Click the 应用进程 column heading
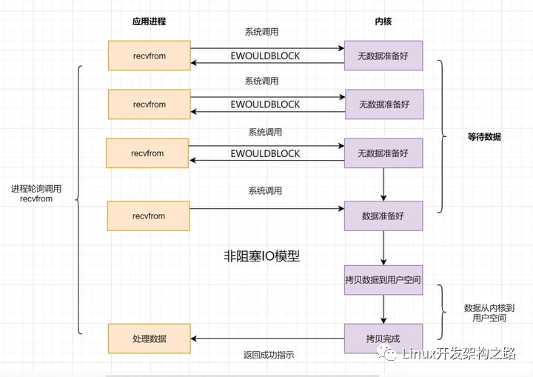click(x=150, y=21)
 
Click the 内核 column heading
click(x=383, y=21)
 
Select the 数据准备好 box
click(x=383, y=216)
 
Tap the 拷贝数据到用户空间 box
click(x=383, y=280)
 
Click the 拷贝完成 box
click(x=383, y=338)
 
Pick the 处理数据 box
click(x=150, y=338)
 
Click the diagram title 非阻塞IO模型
click(x=262, y=256)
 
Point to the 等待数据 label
click(x=484, y=137)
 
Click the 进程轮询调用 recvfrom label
click(x=36, y=193)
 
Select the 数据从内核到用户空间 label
click(x=489, y=313)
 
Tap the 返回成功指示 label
click(x=269, y=355)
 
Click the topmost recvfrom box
click(x=150, y=56)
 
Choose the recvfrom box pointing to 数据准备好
click(x=149, y=216)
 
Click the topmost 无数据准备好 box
click(x=383, y=56)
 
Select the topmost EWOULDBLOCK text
click(x=265, y=56)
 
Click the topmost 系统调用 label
click(x=262, y=32)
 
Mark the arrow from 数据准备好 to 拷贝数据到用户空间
click(x=383, y=248)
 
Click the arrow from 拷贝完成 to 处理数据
click(x=267, y=338)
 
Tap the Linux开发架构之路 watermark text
click(x=459, y=354)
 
